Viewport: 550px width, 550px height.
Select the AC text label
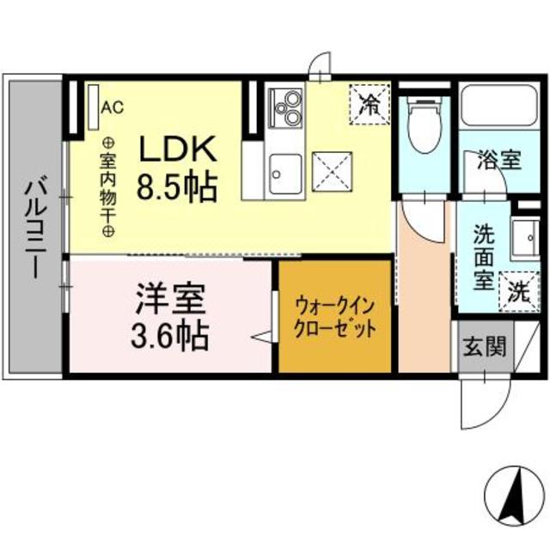[x=113, y=107]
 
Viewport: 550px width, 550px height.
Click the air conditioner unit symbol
[x=92, y=107]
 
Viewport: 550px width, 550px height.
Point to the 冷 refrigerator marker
[x=370, y=106]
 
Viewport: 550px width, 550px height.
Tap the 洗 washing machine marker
[x=519, y=291]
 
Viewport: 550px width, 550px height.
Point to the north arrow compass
[x=517, y=496]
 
